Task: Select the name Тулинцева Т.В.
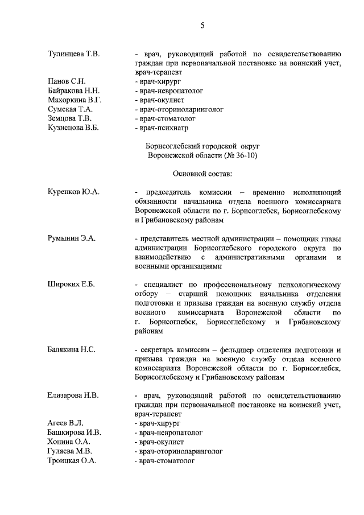pos(74,54)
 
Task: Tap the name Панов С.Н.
pos(67,81)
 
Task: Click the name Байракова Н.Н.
pos(74,90)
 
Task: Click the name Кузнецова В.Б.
pos(73,127)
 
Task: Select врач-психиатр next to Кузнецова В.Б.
pos(164,127)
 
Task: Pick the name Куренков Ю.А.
pos(73,192)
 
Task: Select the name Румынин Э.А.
pos(72,238)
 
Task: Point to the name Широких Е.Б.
pos(71,284)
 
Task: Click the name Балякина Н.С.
pos(71,348)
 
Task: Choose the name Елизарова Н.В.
pos(73,394)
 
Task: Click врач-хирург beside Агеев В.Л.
pos(158,423)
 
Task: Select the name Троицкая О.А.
pos(72,460)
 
